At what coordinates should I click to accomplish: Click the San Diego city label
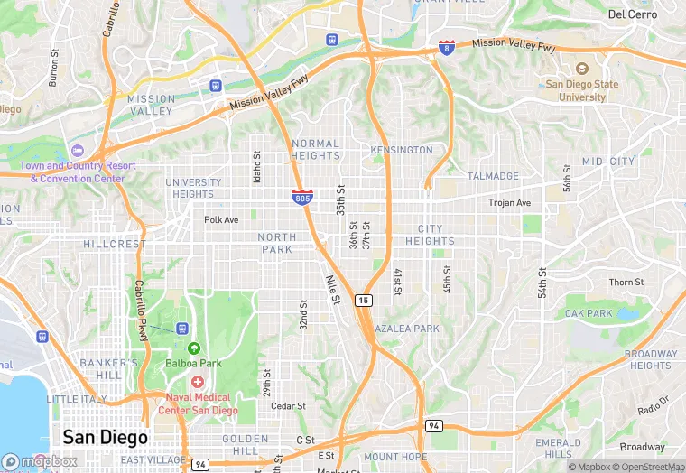click(x=105, y=438)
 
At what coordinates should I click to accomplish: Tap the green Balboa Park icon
click(x=194, y=348)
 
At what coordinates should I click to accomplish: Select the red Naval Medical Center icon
click(x=198, y=382)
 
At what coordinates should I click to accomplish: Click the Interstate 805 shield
click(x=302, y=196)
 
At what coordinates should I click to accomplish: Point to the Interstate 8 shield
click(x=446, y=47)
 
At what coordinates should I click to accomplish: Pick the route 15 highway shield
click(x=363, y=300)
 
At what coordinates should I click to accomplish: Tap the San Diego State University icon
click(x=582, y=69)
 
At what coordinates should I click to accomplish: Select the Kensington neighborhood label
click(x=402, y=150)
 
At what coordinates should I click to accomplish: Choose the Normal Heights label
click(x=316, y=150)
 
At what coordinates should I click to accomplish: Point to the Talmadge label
click(x=493, y=176)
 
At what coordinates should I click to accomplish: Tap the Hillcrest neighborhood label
click(x=114, y=245)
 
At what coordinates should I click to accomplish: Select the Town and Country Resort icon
click(x=76, y=151)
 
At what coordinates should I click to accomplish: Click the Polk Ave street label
click(x=221, y=219)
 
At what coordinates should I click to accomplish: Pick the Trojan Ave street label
click(x=510, y=203)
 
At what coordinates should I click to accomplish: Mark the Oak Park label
click(x=589, y=313)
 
